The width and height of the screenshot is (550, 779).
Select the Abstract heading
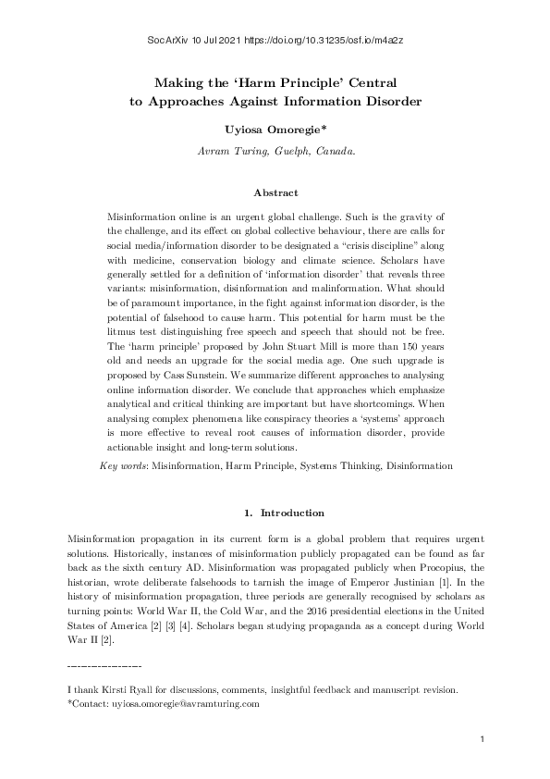[275, 192]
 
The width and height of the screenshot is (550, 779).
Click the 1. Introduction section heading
[283, 513]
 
